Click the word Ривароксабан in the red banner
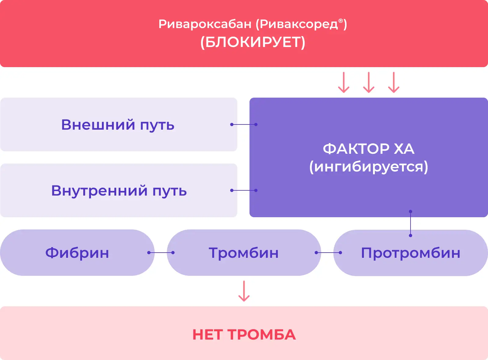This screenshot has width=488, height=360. (x=205, y=24)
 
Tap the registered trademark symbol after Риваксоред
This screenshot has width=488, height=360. (x=341, y=21)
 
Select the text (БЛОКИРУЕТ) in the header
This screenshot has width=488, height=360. (x=253, y=42)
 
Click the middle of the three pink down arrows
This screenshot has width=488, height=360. (x=369, y=82)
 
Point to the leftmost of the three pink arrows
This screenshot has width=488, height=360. (x=344, y=82)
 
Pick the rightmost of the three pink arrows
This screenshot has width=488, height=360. (x=394, y=82)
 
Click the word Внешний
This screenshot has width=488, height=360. (x=98, y=125)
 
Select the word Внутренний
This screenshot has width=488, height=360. (x=99, y=191)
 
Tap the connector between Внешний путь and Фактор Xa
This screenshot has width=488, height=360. (x=244, y=124)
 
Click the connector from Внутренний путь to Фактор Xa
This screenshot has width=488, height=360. (x=244, y=190)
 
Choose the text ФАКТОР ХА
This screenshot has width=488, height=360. (x=368, y=149)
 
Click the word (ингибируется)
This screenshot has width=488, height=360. (x=368, y=167)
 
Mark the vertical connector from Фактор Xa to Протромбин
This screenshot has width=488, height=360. (x=411, y=223)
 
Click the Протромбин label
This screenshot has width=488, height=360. (x=411, y=253)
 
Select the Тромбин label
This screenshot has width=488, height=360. (x=244, y=253)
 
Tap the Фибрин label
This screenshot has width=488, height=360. (x=77, y=253)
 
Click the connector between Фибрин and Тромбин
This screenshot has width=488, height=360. (x=161, y=253)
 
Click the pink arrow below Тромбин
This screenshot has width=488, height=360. (x=244, y=291)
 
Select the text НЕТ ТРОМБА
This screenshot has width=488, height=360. (x=244, y=335)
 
